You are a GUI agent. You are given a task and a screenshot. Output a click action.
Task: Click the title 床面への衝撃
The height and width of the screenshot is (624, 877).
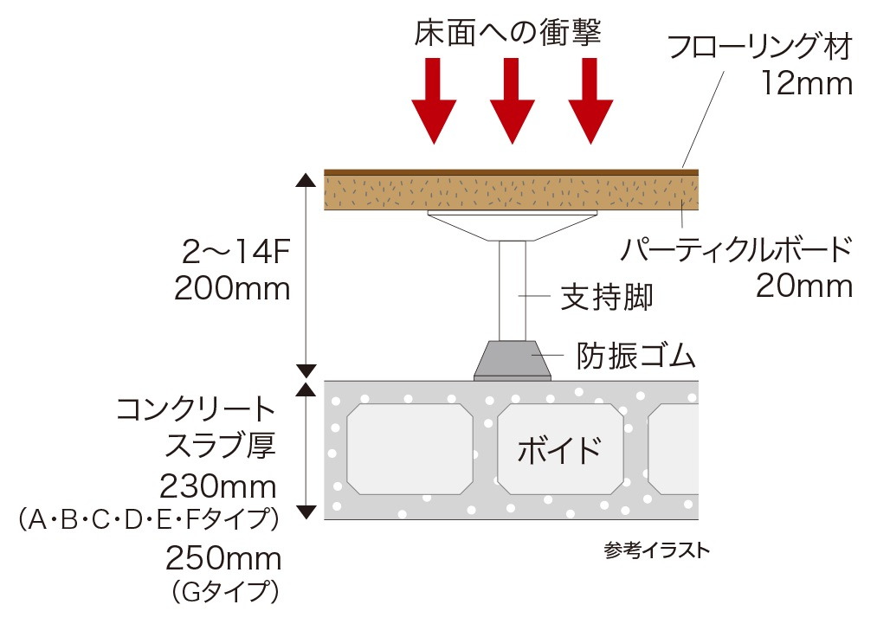[507, 32]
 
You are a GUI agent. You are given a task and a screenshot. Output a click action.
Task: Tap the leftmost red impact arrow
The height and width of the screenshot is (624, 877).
[434, 100]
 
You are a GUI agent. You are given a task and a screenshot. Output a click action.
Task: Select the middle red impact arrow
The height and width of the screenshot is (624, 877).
[513, 100]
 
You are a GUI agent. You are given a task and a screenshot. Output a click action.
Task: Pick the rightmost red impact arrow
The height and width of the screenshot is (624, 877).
[590, 100]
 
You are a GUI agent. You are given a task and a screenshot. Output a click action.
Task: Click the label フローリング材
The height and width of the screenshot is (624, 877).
[760, 47]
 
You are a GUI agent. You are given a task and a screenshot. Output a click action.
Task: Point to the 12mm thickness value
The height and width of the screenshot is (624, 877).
[807, 84]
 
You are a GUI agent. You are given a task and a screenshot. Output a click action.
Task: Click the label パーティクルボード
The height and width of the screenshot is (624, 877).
[736, 250]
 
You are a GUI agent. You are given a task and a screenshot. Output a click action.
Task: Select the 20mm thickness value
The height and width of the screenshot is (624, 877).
[804, 286]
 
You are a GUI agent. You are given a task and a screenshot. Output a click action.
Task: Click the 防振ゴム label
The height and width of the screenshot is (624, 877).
[636, 356]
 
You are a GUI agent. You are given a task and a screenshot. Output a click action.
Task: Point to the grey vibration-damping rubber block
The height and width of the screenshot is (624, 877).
[513, 360]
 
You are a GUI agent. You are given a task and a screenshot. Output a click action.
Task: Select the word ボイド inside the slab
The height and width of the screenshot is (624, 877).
[559, 451]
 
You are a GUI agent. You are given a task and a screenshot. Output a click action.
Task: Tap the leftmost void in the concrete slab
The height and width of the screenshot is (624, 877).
[410, 449]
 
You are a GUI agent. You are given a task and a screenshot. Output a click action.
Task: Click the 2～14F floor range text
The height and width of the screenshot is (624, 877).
[235, 253]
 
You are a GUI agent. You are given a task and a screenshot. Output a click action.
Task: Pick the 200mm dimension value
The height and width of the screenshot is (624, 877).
[232, 289]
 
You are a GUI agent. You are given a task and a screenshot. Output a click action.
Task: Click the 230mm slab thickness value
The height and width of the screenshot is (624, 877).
[218, 487]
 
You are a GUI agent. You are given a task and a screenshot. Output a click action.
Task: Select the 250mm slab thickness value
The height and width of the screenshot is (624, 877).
[223, 558]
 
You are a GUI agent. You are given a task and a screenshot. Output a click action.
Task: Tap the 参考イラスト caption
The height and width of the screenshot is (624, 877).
[656, 550]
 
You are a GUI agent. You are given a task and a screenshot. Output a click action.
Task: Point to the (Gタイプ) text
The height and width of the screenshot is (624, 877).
[225, 592]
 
